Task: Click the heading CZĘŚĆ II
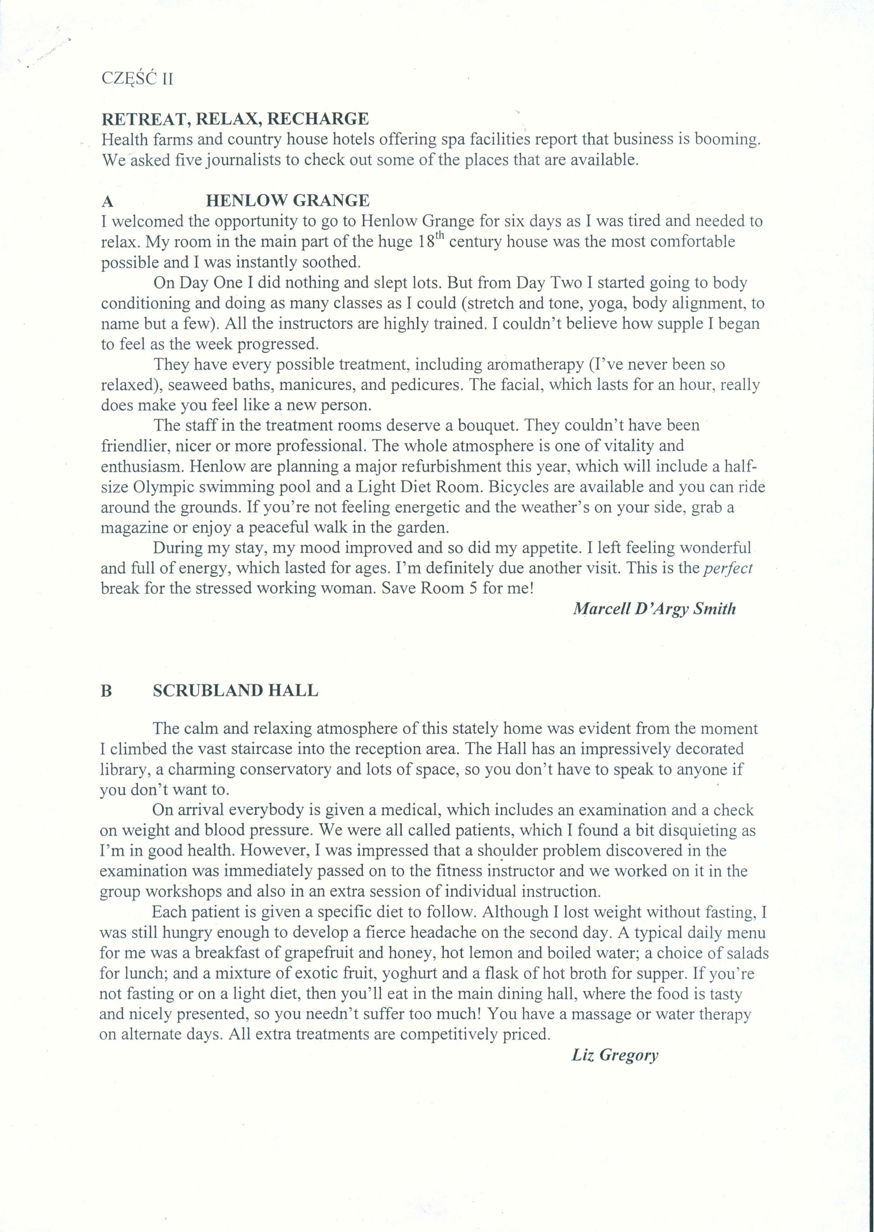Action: [x=137, y=79]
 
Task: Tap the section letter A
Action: [x=108, y=201]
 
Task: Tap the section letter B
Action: [x=106, y=691]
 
